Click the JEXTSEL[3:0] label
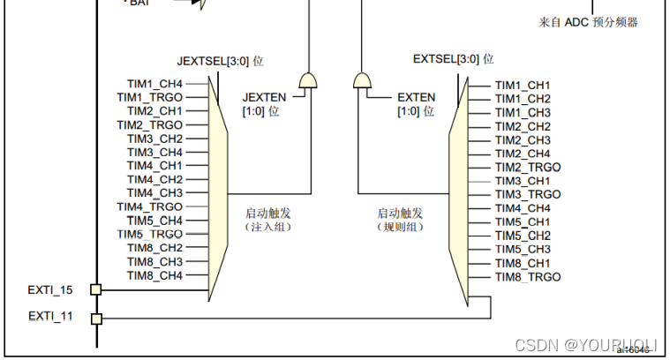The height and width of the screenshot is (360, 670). pyautogui.click(x=220, y=62)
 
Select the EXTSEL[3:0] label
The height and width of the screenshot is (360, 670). pyautogui.click(x=453, y=59)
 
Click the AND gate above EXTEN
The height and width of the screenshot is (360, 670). pyautogui.click(x=362, y=82)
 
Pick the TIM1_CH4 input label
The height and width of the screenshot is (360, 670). pyautogui.click(x=154, y=85)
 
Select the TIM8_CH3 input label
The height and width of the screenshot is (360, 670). pyautogui.click(x=154, y=261)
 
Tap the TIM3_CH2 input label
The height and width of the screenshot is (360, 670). pyautogui.click(x=154, y=139)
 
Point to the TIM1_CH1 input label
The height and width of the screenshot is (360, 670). pyautogui.click(x=523, y=86)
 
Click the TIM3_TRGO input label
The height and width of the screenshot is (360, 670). pyautogui.click(x=527, y=194)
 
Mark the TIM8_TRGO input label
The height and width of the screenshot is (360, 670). pyautogui.click(x=527, y=277)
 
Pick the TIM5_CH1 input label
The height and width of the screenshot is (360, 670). pyautogui.click(x=523, y=221)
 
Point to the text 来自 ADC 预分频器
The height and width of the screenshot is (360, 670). pyautogui.click(x=588, y=22)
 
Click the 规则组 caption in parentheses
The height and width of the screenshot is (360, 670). pyautogui.click(x=400, y=227)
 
